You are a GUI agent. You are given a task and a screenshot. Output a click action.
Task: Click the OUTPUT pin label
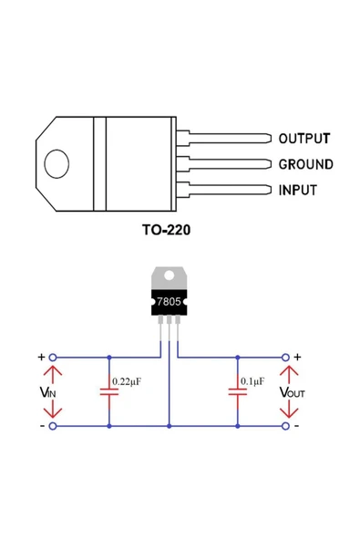(303, 139)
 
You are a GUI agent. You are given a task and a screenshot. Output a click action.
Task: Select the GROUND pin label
(305, 165)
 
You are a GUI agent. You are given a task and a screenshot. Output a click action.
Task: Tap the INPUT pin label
(297, 191)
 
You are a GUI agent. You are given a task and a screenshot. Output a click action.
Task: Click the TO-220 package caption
(166, 230)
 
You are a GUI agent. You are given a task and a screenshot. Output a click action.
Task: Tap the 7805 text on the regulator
(170, 300)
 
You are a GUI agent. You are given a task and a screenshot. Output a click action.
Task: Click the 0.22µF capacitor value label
(126, 380)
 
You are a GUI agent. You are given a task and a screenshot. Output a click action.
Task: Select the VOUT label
(293, 391)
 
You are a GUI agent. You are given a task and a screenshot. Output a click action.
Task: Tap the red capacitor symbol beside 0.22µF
(108, 391)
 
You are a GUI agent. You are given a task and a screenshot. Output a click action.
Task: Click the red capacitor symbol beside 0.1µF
(237, 391)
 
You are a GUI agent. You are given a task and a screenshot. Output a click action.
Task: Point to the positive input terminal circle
(52, 358)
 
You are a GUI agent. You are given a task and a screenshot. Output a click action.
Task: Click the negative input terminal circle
(52, 426)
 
